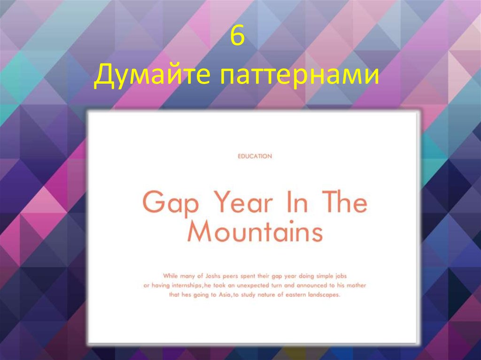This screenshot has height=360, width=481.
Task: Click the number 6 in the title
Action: tap(238, 38)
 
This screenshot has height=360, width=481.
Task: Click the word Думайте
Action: tap(153, 76)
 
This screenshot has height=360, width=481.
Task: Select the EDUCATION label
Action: tap(255, 156)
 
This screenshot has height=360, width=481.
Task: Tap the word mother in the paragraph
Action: tap(355, 285)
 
